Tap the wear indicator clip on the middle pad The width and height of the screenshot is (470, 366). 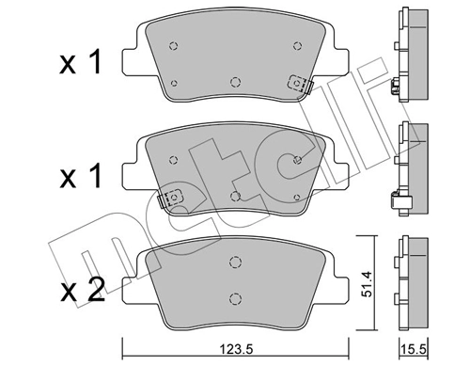tap(171, 199)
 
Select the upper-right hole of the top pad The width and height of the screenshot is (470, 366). tap(297, 45)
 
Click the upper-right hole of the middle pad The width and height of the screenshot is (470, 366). tap(297, 159)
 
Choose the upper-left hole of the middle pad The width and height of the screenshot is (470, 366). tap(172, 159)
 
